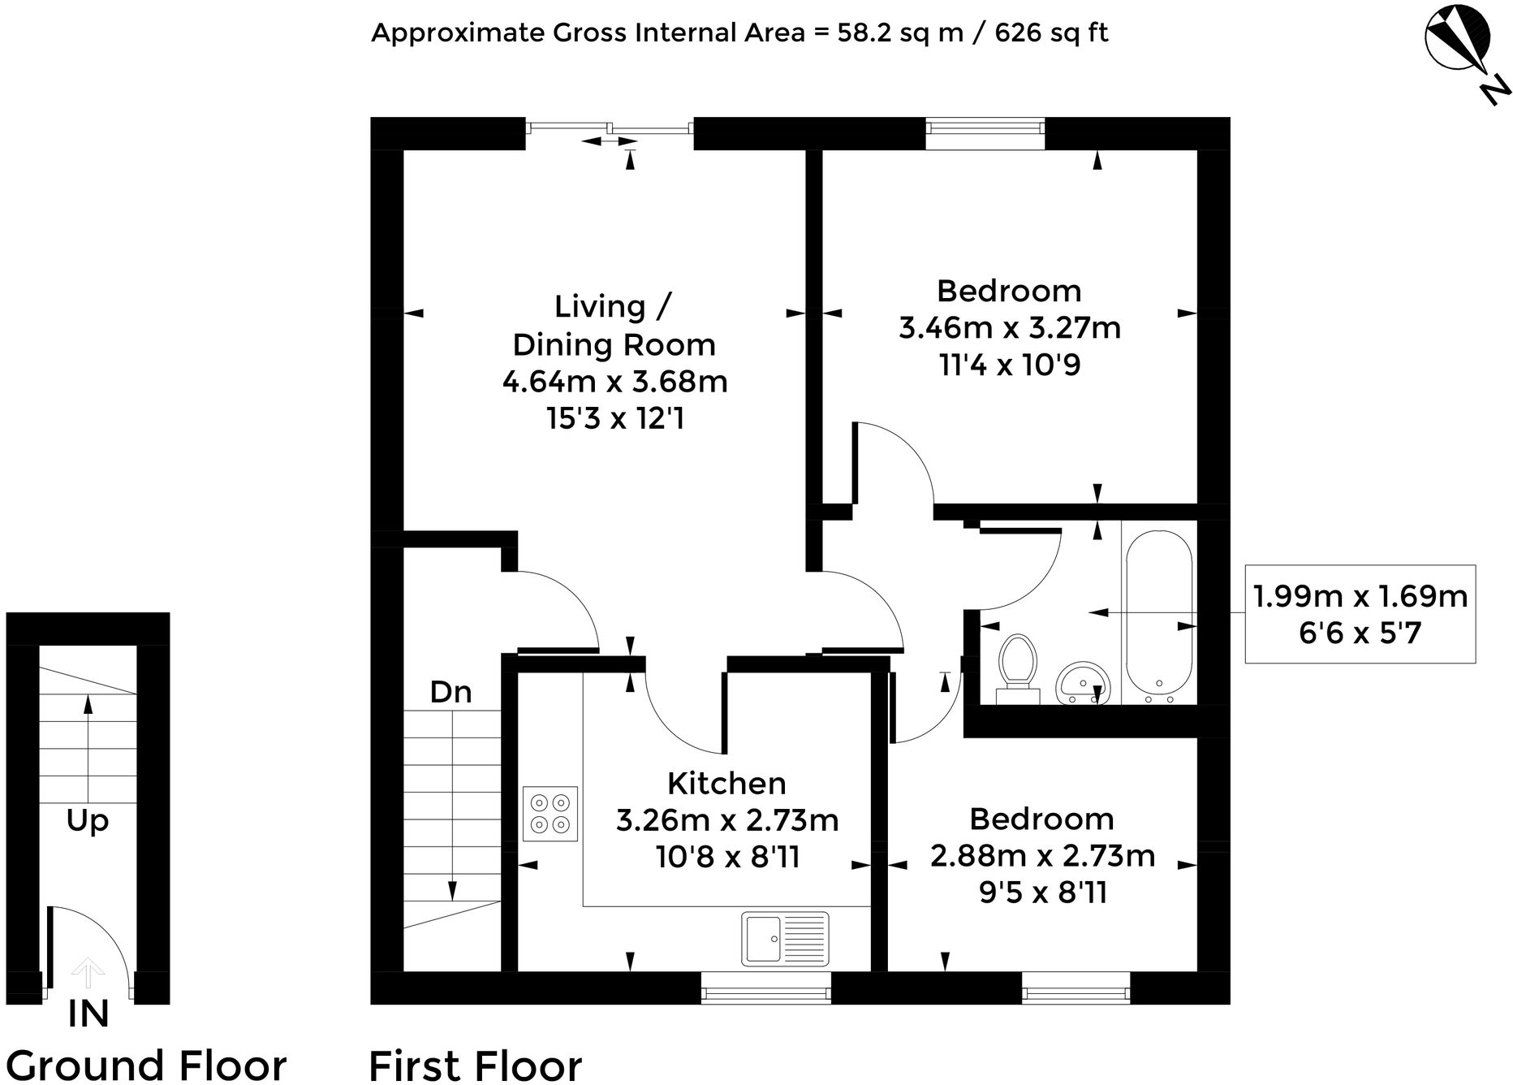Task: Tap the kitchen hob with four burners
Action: pos(550,815)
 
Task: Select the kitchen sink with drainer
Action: pos(785,939)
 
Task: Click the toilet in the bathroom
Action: pos(1018,668)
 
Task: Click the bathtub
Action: pos(1158,618)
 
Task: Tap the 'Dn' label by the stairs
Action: pos(450,692)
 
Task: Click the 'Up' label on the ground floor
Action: pos(88,821)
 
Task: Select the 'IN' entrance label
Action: pos(88,1014)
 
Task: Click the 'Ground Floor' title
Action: pos(146,1065)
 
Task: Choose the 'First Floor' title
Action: pos(476,1065)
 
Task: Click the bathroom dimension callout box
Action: pos(1360,614)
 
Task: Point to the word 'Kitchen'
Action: pos(726,784)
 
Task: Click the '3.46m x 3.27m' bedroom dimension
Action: pos(1010,328)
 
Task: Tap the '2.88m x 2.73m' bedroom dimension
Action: pos(1042,856)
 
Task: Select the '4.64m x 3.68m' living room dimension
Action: pos(614,382)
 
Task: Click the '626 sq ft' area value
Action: pos(1051,33)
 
